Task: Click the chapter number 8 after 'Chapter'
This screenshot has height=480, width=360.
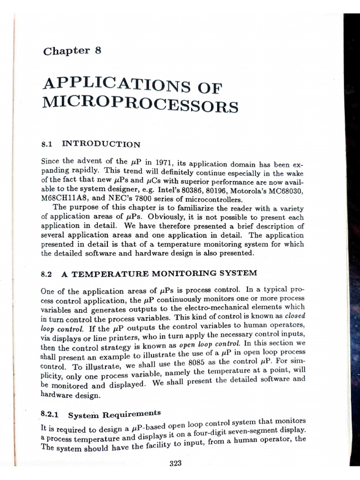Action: tap(97, 50)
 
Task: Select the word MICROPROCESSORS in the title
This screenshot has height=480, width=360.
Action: tap(140, 105)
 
